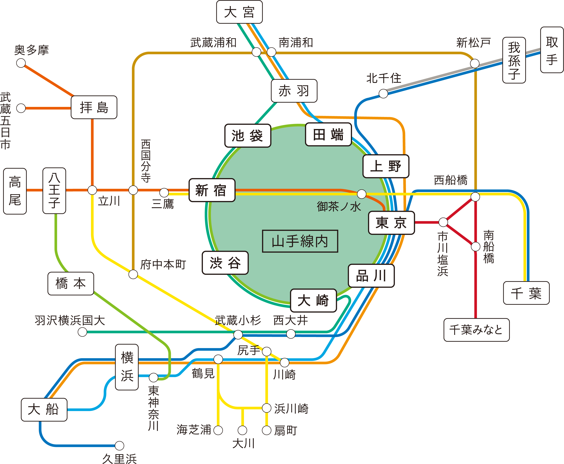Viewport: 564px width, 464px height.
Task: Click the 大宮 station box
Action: pos(239,12)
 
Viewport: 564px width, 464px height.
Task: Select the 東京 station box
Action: pos(391,223)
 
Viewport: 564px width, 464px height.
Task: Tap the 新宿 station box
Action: pos(212,190)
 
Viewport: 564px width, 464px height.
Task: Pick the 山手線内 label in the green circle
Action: pos(300,241)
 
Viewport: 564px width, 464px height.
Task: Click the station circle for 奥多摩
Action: pos(21,63)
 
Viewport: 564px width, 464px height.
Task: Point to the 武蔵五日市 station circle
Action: pos(21,108)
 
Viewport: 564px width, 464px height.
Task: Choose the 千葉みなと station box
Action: pos(476,330)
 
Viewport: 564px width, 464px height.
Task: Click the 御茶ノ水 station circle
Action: pos(362,194)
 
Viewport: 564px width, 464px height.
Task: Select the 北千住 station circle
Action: pos(383,94)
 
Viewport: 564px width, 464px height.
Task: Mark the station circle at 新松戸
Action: pos(475,64)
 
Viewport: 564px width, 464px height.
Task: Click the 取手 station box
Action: pos(552,50)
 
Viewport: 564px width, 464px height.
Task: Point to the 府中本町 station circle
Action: pos(133,274)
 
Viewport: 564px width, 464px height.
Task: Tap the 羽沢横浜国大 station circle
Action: pos(82,332)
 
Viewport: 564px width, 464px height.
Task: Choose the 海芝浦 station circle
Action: pos(218,430)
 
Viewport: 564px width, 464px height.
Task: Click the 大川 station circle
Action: pos(242,430)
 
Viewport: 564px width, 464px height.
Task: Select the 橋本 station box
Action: pos(71,283)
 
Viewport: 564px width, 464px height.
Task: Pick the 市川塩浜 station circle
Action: pos(443,222)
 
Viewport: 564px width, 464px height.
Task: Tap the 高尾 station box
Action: pos(15,191)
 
